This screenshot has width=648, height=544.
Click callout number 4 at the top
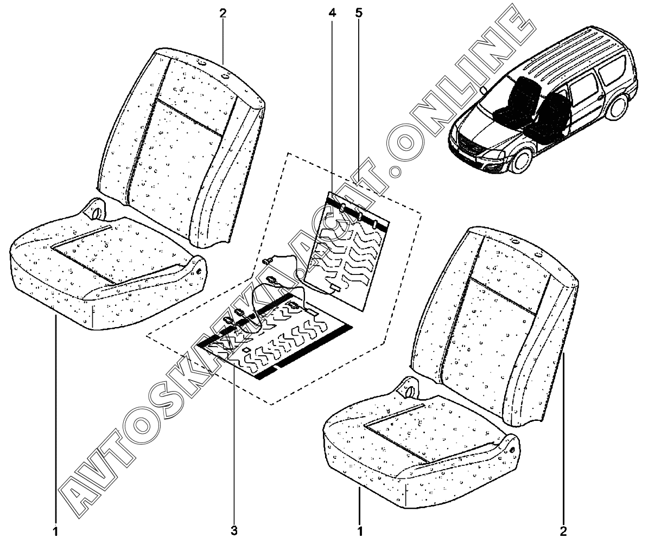(x=332, y=14)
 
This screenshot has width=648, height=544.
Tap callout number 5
(x=358, y=14)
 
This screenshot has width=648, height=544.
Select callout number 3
(x=234, y=529)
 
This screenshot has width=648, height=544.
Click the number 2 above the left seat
(x=223, y=14)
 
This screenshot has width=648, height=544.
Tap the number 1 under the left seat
(x=55, y=529)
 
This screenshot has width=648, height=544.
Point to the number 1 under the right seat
(x=359, y=529)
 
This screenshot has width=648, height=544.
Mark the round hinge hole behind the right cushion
(x=410, y=389)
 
